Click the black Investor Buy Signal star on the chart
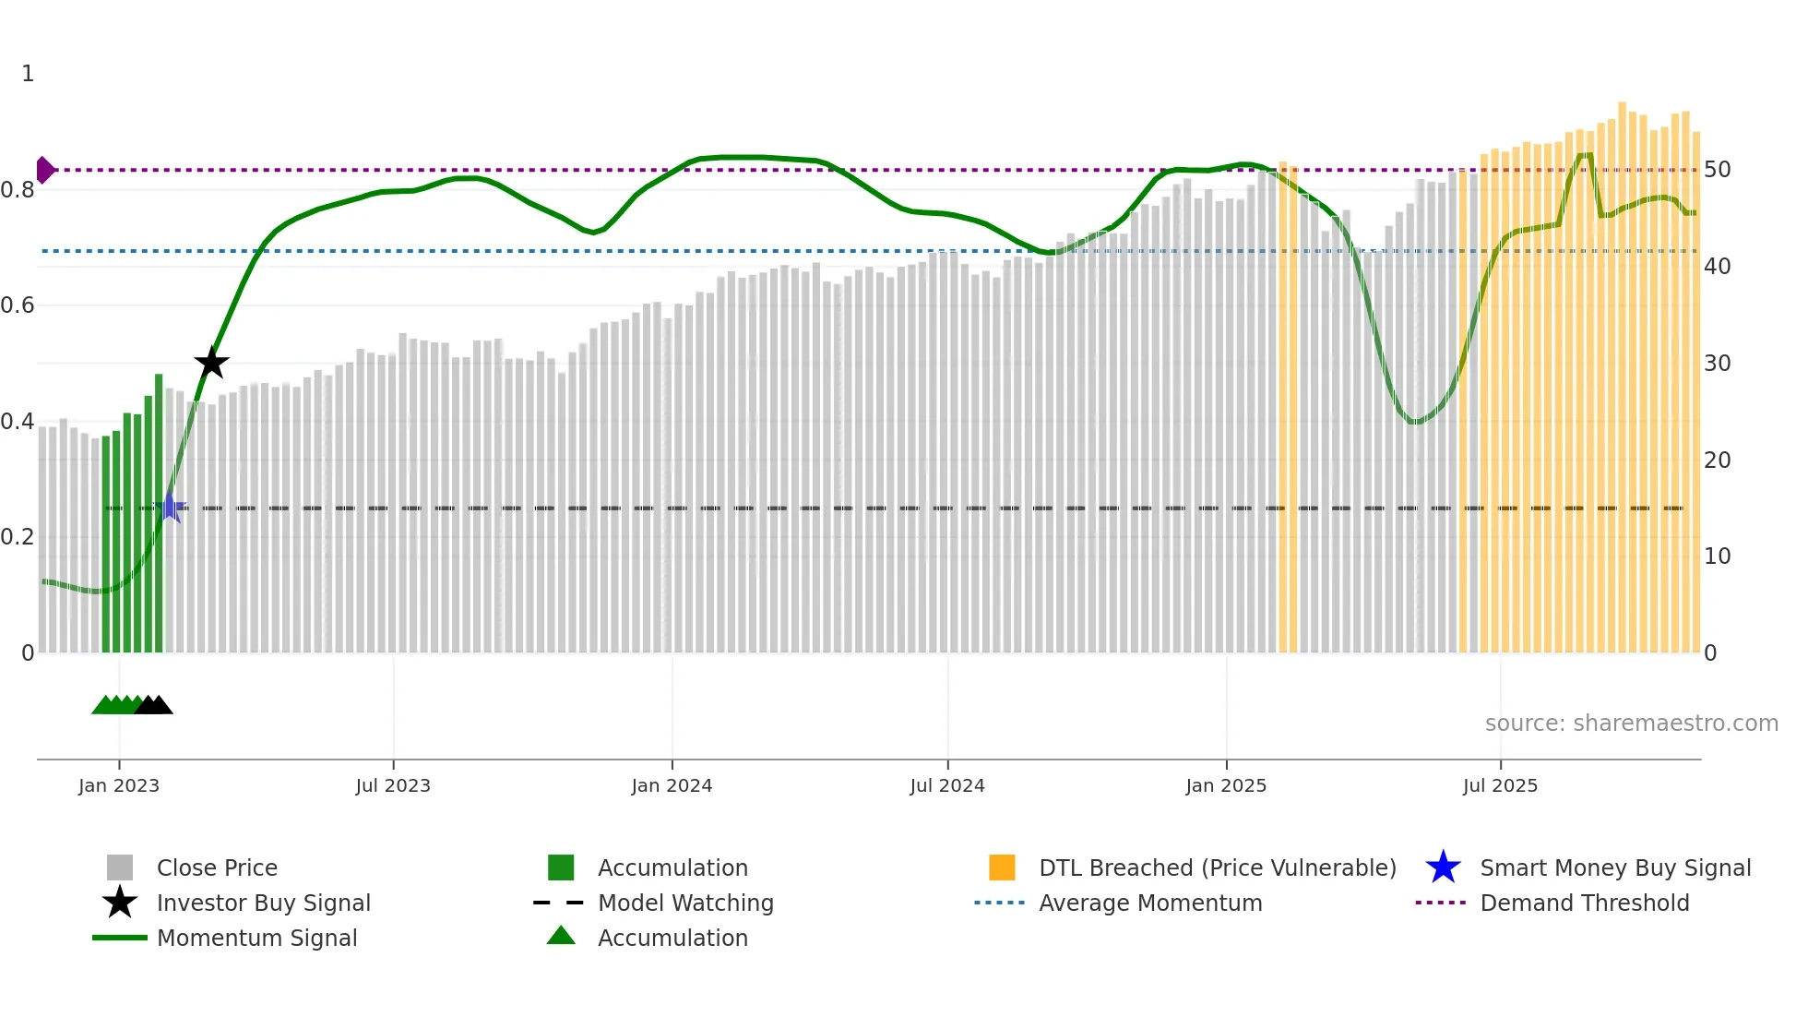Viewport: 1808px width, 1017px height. click(x=211, y=363)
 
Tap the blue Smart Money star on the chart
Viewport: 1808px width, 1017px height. click(x=170, y=507)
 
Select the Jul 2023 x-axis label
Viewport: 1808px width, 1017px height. click(x=393, y=785)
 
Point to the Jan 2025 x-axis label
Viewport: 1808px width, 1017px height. click(x=1226, y=785)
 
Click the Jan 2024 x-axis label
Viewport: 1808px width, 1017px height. click(x=672, y=785)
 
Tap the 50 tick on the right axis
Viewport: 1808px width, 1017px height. click(x=1717, y=170)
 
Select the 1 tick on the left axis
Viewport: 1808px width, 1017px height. click(x=28, y=74)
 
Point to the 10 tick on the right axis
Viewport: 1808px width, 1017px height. click(x=1717, y=556)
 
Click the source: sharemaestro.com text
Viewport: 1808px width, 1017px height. click(x=1631, y=724)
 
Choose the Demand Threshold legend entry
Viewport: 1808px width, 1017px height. click(x=1584, y=903)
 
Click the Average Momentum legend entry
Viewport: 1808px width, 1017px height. click(x=1149, y=903)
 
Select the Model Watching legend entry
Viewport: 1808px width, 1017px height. click(x=684, y=903)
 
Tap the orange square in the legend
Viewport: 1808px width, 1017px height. click(x=1002, y=867)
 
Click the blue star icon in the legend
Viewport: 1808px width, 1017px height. click(x=1443, y=867)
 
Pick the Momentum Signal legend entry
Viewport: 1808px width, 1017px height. click(x=256, y=938)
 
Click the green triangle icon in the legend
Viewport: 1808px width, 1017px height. click(x=561, y=936)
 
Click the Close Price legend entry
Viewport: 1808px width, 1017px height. click(x=217, y=867)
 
